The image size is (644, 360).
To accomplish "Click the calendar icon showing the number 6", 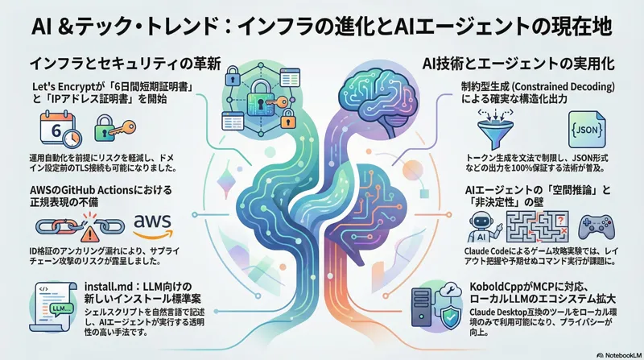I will (52, 127).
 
